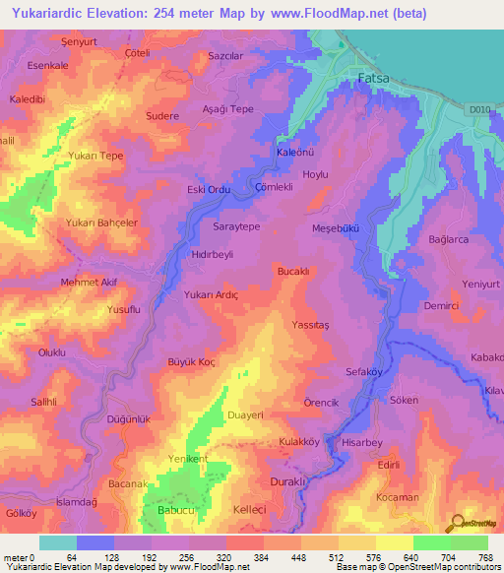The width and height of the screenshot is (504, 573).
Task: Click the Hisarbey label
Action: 360,444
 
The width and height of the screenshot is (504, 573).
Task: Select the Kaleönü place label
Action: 294,153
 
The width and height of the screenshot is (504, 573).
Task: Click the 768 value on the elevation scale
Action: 485,557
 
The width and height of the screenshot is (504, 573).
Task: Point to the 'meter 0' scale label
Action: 20,557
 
